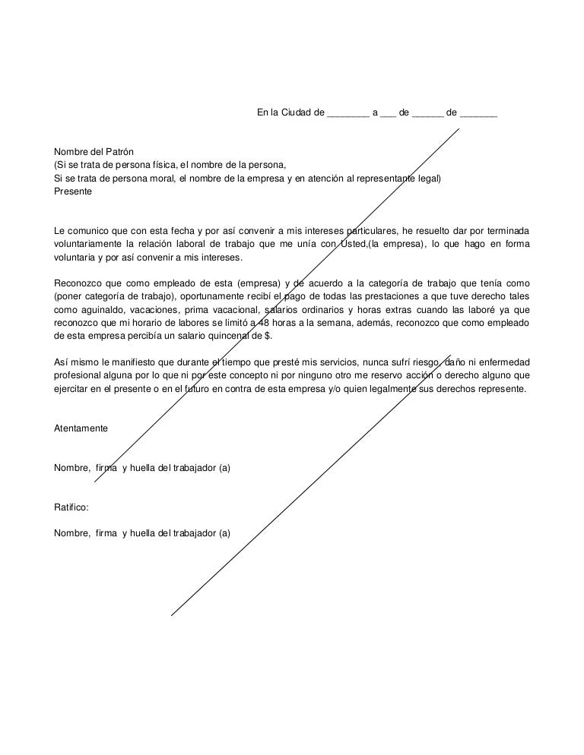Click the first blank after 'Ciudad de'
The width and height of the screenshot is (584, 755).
click(348, 114)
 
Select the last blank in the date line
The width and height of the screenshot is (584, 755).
click(479, 114)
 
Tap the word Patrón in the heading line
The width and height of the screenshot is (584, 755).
click(117, 152)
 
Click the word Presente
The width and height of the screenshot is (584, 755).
click(73, 191)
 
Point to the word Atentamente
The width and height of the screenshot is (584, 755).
click(81, 428)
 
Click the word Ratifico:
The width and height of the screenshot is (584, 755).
click(71, 506)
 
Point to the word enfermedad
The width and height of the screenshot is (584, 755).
click(503, 362)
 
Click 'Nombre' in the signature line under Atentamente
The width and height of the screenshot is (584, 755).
click(71, 468)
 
